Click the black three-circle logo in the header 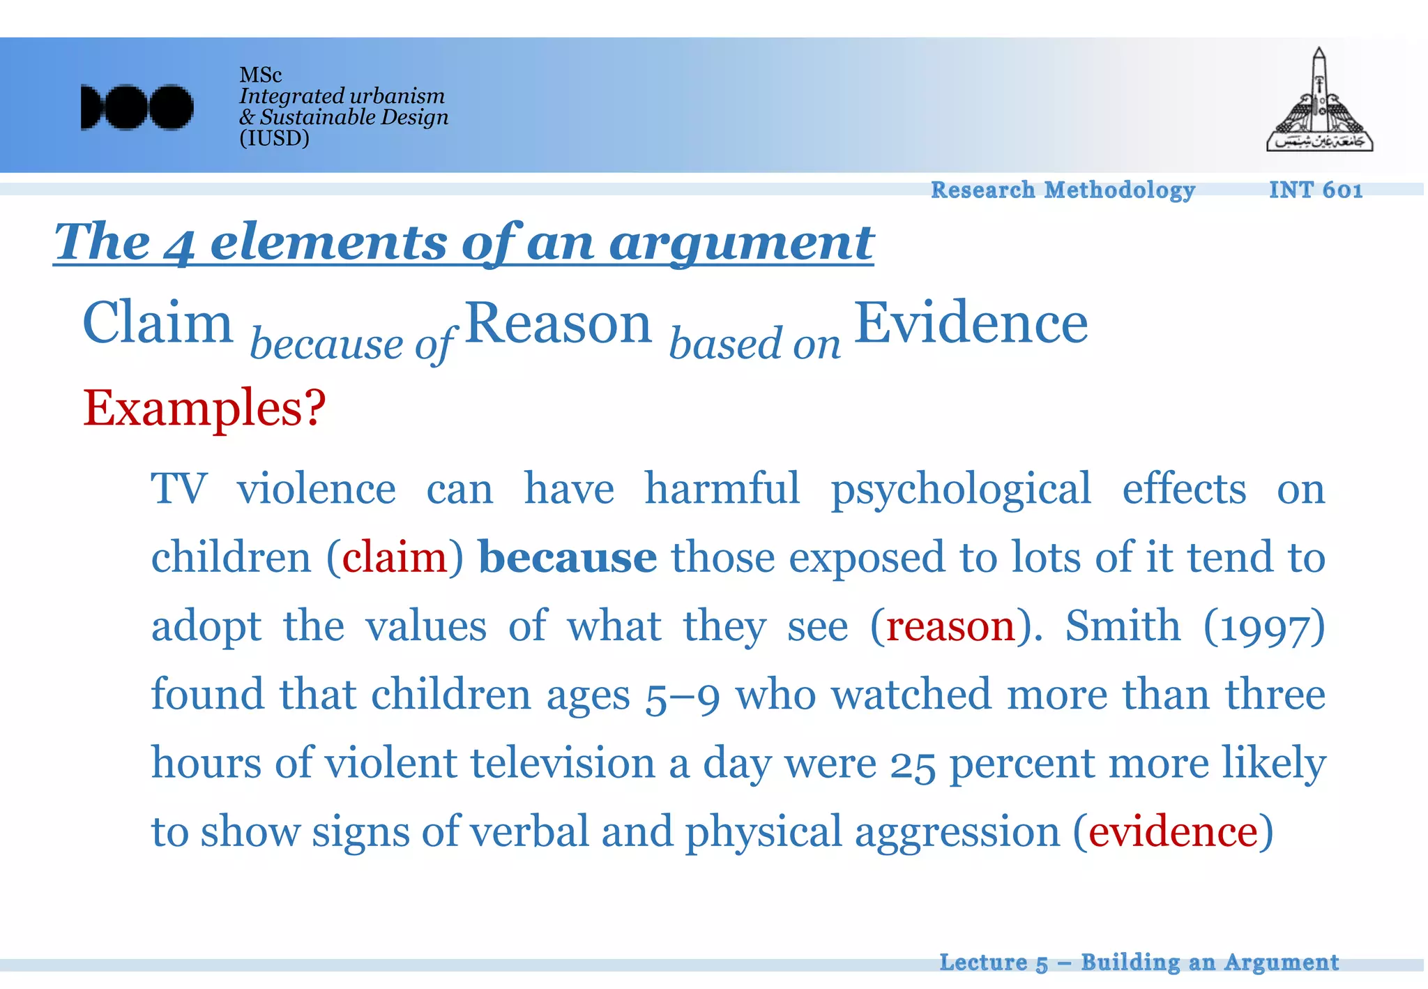click(137, 107)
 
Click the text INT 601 click(1315, 190)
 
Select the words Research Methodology click(1063, 190)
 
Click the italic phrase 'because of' click(352, 344)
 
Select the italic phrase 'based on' click(755, 344)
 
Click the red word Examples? click(204, 408)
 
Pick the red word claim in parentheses click(395, 557)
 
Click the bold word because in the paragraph click(568, 557)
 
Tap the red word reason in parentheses click(950, 626)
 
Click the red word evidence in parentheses click(1173, 831)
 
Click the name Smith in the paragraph click(1123, 626)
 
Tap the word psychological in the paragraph click(961, 490)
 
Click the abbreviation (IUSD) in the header click(274, 138)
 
